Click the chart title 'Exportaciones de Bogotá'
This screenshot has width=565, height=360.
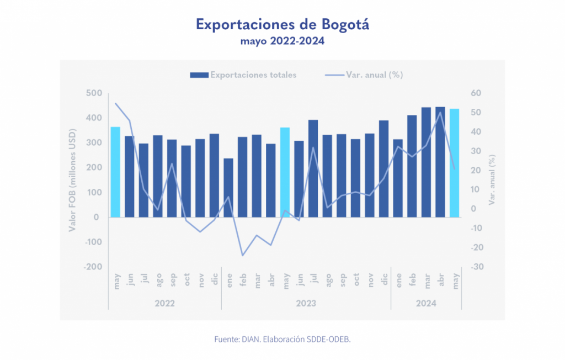[x=282, y=24]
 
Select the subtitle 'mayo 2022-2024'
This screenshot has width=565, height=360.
[x=282, y=41]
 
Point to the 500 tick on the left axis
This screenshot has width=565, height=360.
[x=93, y=93]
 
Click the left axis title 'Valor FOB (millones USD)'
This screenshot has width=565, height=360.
[x=73, y=180]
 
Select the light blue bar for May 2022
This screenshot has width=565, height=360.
[x=115, y=172]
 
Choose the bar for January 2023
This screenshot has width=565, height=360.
[x=228, y=188]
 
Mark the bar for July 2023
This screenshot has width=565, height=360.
[x=313, y=168]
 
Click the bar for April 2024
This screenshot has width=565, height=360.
[x=440, y=162]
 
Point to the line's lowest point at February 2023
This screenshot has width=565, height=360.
[x=242, y=255]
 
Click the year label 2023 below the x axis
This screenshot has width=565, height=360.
[x=306, y=303]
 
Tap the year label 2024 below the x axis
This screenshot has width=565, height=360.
[x=426, y=303]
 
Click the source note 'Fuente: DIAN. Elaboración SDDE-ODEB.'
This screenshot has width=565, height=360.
[x=282, y=339]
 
